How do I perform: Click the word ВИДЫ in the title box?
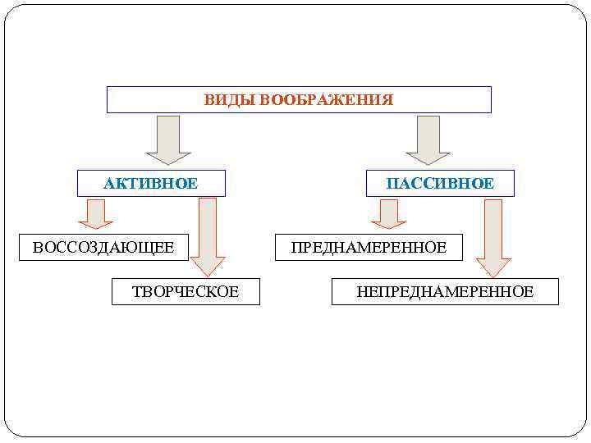230,100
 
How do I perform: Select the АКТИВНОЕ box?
151,183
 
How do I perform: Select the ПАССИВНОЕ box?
440,183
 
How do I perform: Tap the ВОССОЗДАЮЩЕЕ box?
103,247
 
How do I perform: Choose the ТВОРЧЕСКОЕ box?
186,291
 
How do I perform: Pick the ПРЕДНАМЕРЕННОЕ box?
369,247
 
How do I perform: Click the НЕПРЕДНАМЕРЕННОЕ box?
445,291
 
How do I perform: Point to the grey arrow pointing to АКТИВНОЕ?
168,139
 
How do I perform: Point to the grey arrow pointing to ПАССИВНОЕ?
428,139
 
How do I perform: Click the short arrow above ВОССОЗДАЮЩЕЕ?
96,213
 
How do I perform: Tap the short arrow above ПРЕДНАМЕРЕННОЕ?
389,213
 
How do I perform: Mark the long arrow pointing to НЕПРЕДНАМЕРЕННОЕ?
493,238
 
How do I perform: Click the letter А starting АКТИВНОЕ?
108,183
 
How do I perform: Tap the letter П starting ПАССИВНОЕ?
392,183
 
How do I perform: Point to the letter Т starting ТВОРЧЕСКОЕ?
136,291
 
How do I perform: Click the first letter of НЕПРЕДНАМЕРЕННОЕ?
362,291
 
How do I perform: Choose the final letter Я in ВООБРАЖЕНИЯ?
388,100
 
